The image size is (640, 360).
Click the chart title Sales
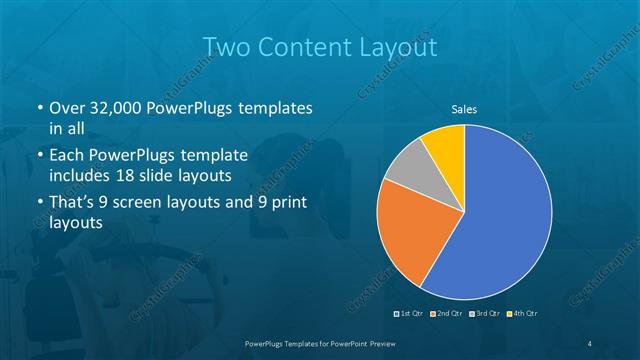coord(464,110)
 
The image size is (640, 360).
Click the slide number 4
coord(590,343)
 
